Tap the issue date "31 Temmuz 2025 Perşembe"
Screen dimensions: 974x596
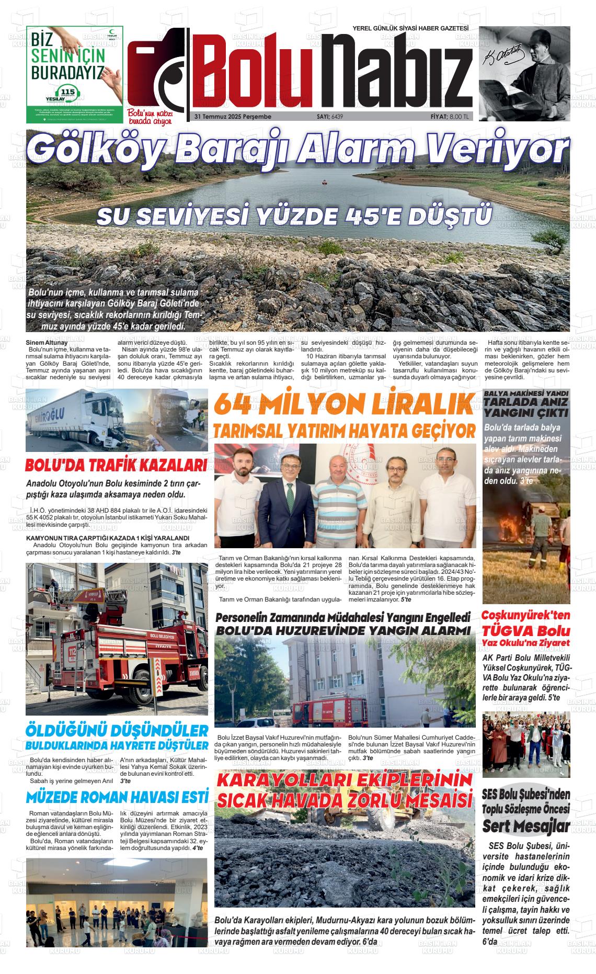[x=233, y=116]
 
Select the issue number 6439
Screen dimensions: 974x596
[x=337, y=116]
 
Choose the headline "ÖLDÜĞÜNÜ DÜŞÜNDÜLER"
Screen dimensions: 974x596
[x=117, y=730]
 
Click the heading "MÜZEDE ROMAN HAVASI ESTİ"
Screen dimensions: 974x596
[x=117, y=797]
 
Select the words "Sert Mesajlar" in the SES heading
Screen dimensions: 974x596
[x=525, y=826]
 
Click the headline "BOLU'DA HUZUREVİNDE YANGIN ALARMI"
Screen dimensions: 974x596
[x=344, y=630]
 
